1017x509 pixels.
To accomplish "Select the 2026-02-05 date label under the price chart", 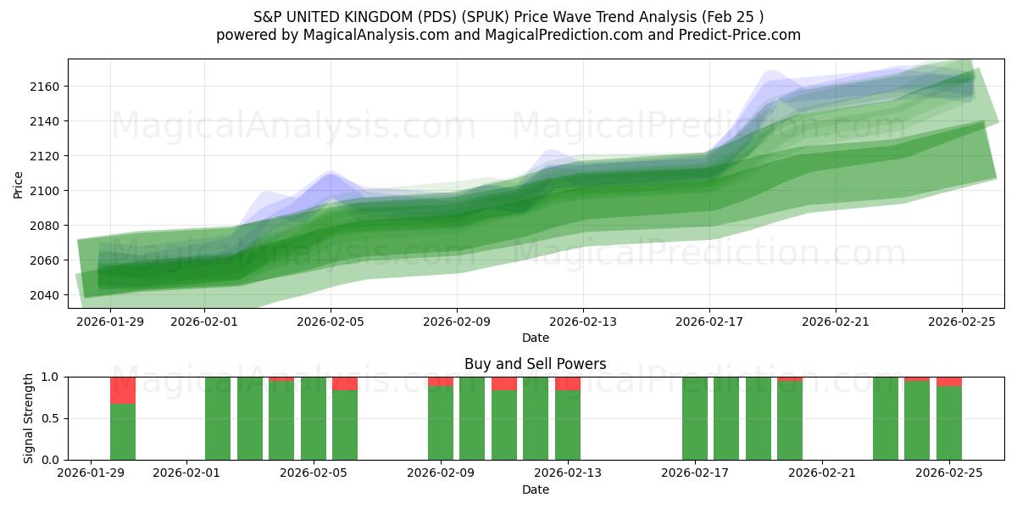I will [330, 322].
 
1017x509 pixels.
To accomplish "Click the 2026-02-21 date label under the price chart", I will [836, 322].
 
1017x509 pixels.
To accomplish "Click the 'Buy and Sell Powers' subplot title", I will [535, 364].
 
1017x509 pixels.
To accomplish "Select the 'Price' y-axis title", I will [19, 184].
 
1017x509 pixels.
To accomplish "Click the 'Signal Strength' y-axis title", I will [29, 418].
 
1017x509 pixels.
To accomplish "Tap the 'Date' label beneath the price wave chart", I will [535, 338].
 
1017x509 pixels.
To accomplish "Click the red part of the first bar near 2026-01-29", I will [123, 390].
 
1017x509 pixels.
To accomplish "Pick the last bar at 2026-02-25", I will [949, 422].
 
